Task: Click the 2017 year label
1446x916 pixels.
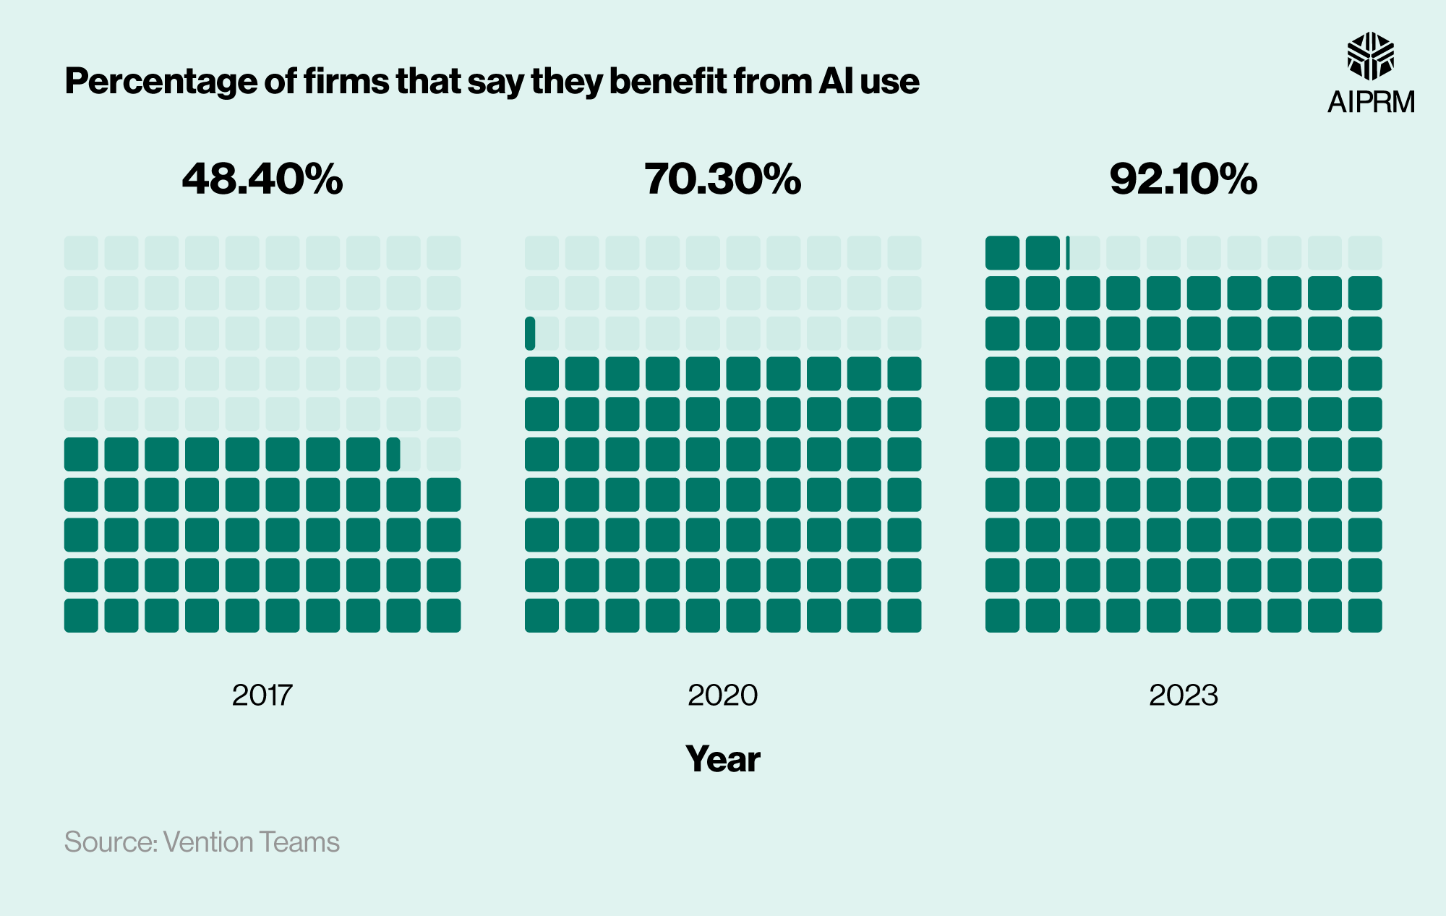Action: [262, 695]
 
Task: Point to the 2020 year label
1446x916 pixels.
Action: [723, 695]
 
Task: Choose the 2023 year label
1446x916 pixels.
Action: [1184, 695]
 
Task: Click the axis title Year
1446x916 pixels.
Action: [723, 759]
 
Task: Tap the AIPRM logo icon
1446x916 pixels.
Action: [1370, 56]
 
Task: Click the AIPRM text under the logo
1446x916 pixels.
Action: [1371, 102]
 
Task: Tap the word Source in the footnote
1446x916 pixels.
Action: [111, 843]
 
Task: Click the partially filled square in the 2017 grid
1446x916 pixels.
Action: [393, 454]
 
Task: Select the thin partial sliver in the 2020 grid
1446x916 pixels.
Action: [530, 333]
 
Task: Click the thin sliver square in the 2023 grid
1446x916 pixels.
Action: [1068, 253]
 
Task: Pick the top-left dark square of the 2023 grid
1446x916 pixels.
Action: [1002, 253]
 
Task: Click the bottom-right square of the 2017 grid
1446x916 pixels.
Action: [444, 615]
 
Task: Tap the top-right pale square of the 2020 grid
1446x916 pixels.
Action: [904, 253]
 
